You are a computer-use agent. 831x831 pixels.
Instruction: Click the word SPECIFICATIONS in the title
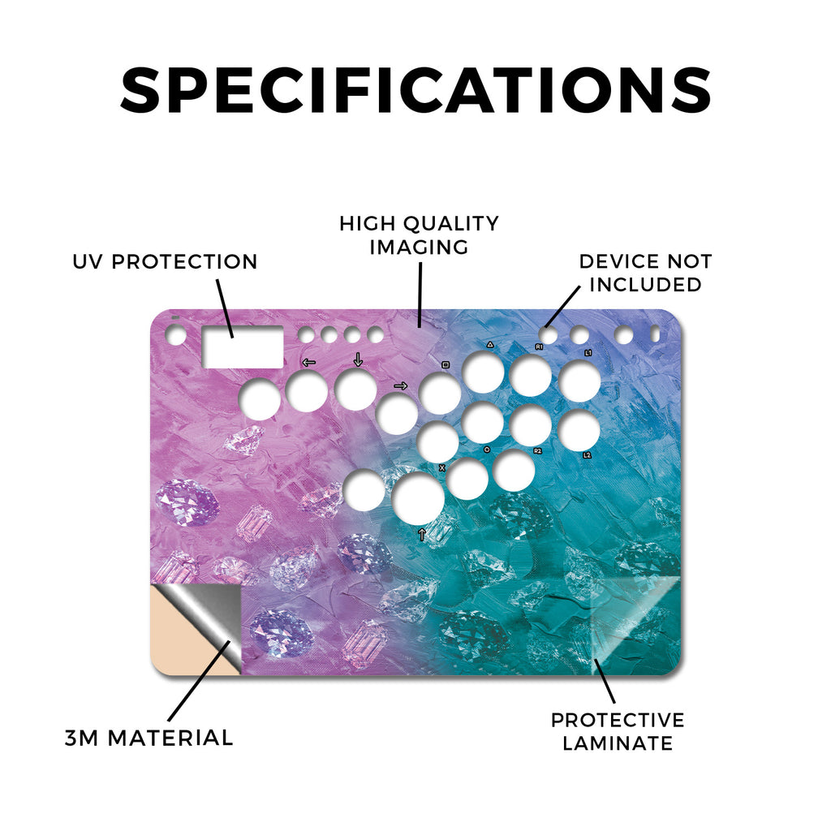tap(415, 90)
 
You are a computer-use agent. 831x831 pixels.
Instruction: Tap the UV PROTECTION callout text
tap(165, 261)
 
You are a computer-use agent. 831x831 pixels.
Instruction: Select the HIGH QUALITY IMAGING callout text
tap(419, 235)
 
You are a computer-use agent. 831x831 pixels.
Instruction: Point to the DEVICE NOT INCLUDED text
tap(645, 273)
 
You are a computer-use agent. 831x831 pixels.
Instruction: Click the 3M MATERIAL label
tap(149, 738)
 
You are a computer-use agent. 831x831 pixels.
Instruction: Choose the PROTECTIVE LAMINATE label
tap(618, 731)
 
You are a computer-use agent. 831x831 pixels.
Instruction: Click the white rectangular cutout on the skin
tap(243, 347)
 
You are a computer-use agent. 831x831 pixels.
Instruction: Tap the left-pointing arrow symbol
tap(308, 363)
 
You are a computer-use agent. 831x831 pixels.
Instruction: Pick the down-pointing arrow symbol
tap(358, 360)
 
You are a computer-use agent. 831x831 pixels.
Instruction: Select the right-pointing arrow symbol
tap(401, 385)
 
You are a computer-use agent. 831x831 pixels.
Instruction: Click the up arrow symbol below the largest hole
tap(422, 534)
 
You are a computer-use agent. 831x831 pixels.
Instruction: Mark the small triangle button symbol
tap(490, 344)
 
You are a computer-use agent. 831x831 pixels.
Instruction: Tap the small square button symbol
tap(446, 364)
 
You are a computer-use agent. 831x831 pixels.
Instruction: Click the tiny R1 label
tap(539, 347)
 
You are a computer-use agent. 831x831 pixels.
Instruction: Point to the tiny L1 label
tap(588, 352)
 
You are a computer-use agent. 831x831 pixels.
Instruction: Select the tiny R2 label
tap(537, 451)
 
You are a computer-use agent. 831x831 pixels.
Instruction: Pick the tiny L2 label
tap(588, 455)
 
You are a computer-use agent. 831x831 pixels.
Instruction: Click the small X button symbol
tap(442, 467)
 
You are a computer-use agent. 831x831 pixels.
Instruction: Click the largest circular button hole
tap(418, 498)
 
